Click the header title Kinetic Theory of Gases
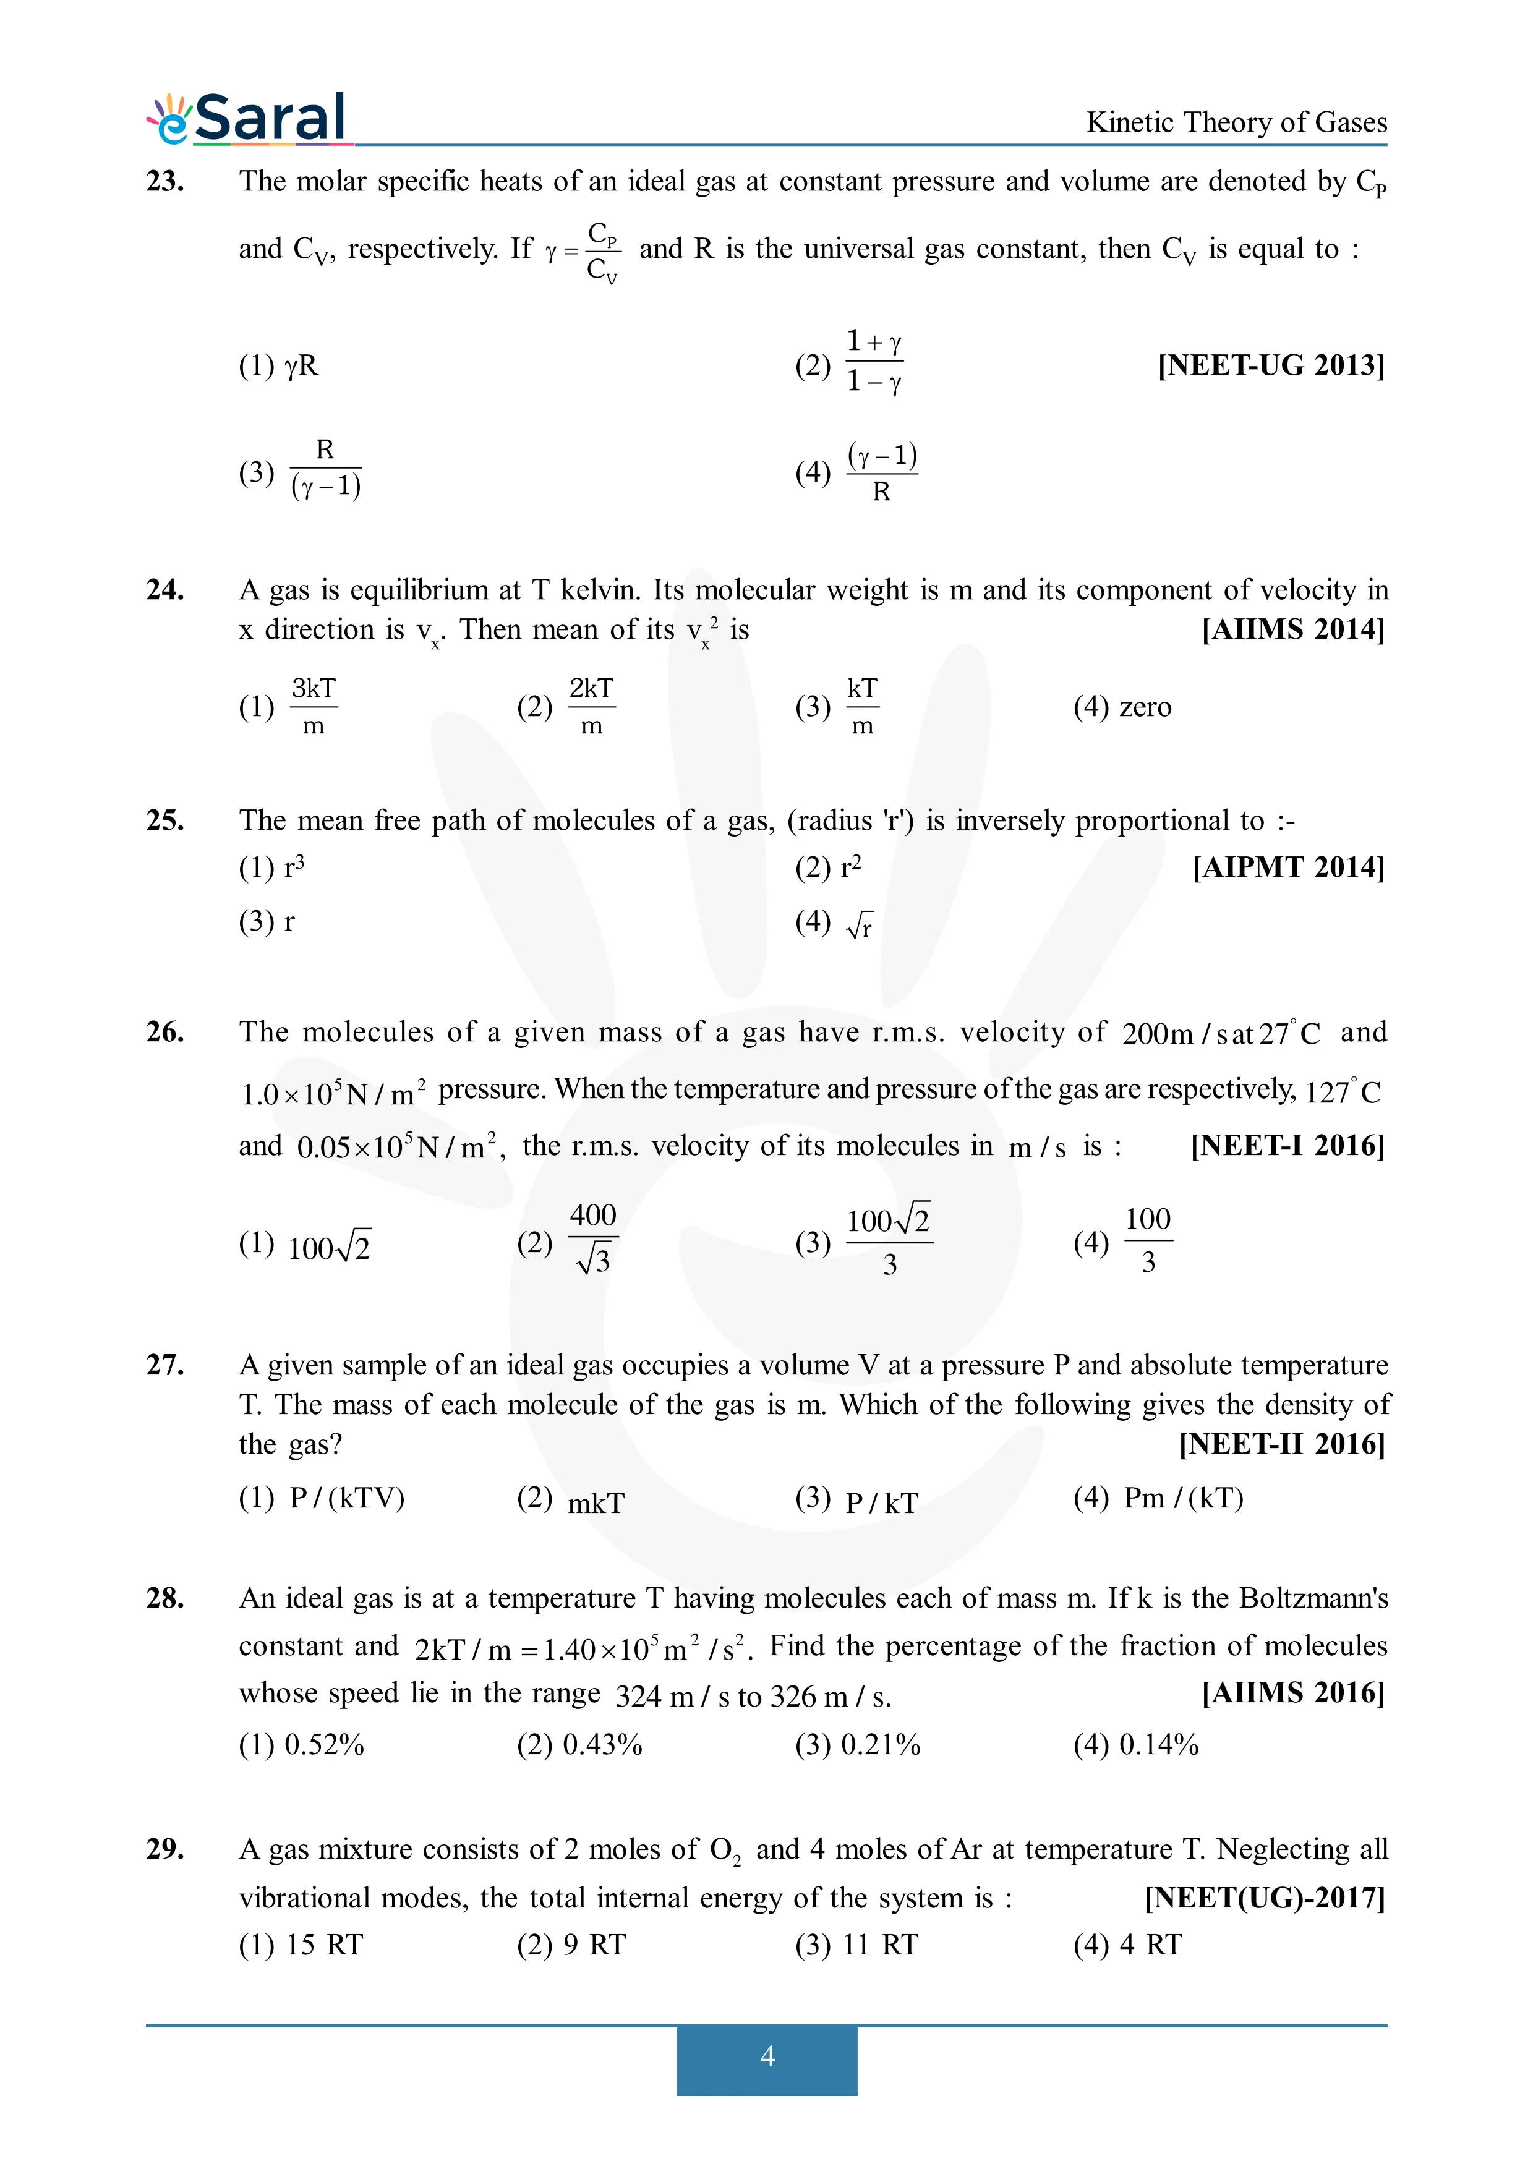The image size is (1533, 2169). [x=1236, y=123]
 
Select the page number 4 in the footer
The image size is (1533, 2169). [x=767, y=2056]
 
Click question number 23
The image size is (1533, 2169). [x=165, y=181]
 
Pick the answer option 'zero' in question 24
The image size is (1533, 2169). [x=1144, y=707]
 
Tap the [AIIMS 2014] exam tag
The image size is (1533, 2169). [x=1292, y=629]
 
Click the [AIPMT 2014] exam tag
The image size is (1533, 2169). [x=1287, y=867]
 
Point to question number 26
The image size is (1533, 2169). [x=165, y=1031]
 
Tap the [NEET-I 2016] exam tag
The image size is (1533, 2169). [x=1286, y=1145]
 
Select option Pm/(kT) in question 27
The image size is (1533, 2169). [x=1182, y=1498]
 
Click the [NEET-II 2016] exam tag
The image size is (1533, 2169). [x=1281, y=1444]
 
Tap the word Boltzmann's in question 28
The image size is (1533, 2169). [x=1313, y=1598]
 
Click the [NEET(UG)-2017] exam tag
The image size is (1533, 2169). [x=1264, y=1898]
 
